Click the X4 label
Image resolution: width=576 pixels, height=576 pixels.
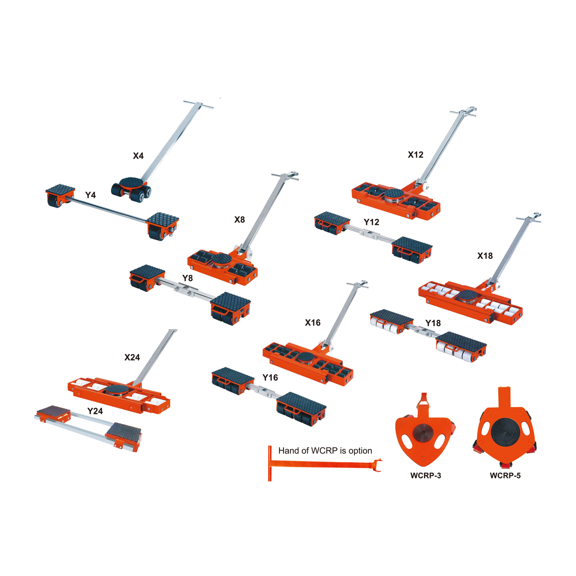click(138, 156)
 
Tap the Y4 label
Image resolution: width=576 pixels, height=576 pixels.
click(90, 195)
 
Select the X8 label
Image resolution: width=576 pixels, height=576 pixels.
click(239, 220)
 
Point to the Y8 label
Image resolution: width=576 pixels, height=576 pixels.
click(187, 278)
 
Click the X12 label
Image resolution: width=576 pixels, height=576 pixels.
click(416, 154)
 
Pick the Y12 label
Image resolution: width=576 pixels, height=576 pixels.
click(372, 222)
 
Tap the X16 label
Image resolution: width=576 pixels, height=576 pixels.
click(313, 323)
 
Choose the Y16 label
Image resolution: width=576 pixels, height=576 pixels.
click(270, 378)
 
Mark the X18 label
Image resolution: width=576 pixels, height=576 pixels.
click(485, 256)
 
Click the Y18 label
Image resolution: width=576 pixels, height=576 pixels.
click(433, 323)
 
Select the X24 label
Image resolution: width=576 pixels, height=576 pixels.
click(132, 357)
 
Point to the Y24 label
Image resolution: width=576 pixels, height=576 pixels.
click(95, 411)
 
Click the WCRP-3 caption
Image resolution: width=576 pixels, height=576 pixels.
click(426, 475)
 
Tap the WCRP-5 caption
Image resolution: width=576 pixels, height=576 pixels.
click(505, 475)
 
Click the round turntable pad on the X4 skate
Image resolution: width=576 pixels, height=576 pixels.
click(132, 183)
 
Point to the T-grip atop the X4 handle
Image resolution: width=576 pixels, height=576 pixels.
click(198, 105)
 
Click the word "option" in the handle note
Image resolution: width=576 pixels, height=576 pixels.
click(360, 451)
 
